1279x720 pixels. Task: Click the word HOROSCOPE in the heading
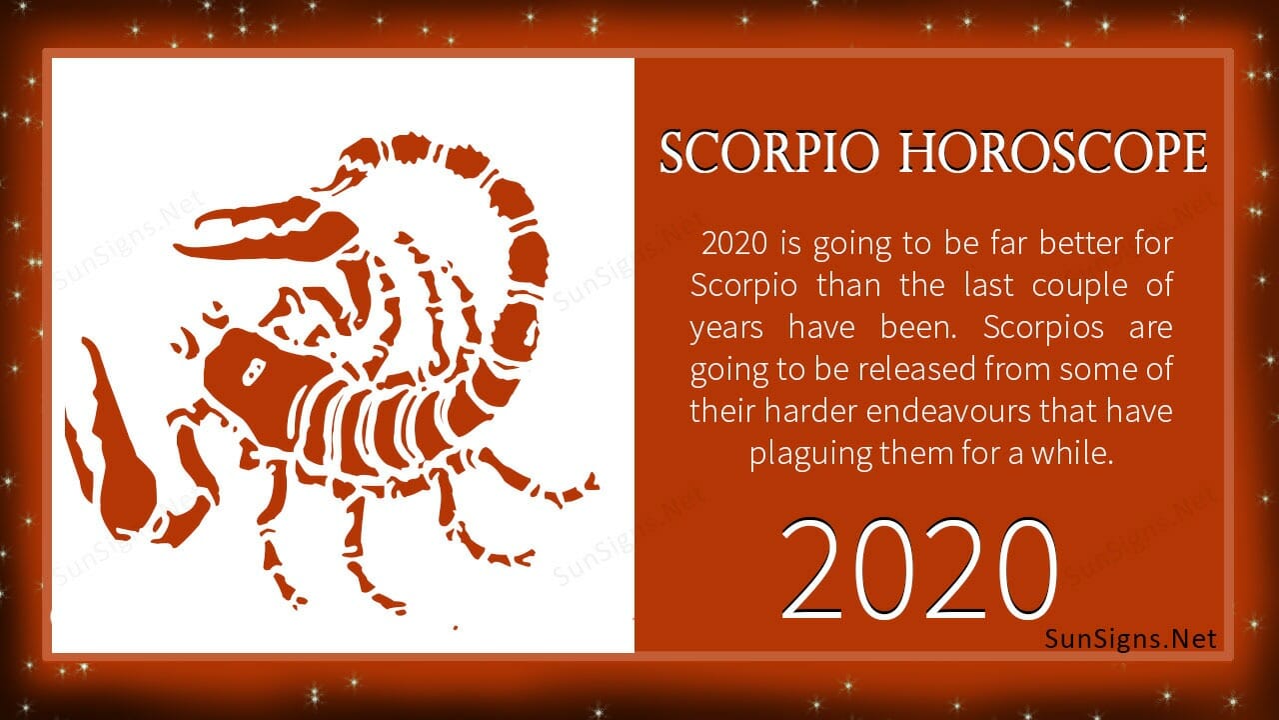pyautogui.click(x=1053, y=152)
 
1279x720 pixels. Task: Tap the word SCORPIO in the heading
pyautogui.click(x=769, y=152)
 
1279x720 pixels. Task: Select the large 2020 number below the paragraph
pyautogui.click(x=918, y=569)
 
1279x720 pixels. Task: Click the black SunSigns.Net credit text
pyautogui.click(x=1130, y=638)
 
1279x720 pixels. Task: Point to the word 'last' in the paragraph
pyautogui.click(x=988, y=285)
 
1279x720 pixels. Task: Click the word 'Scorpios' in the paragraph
pyautogui.click(x=1043, y=327)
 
